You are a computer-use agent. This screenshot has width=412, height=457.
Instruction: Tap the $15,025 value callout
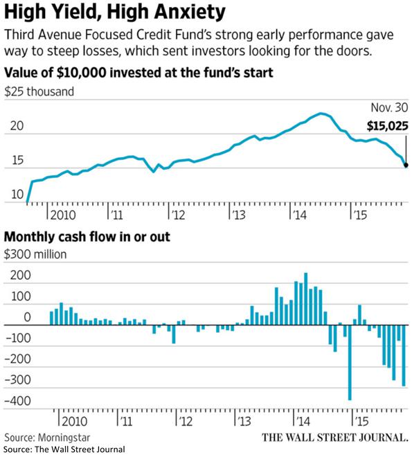click(387, 127)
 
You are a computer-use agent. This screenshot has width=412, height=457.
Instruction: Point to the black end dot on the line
click(406, 165)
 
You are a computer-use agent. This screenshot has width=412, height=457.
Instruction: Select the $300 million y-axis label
click(35, 254)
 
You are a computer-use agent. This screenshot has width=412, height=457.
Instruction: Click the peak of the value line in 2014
click(322, 113)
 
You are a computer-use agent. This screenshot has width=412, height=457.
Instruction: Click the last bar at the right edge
click(404, 356)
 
